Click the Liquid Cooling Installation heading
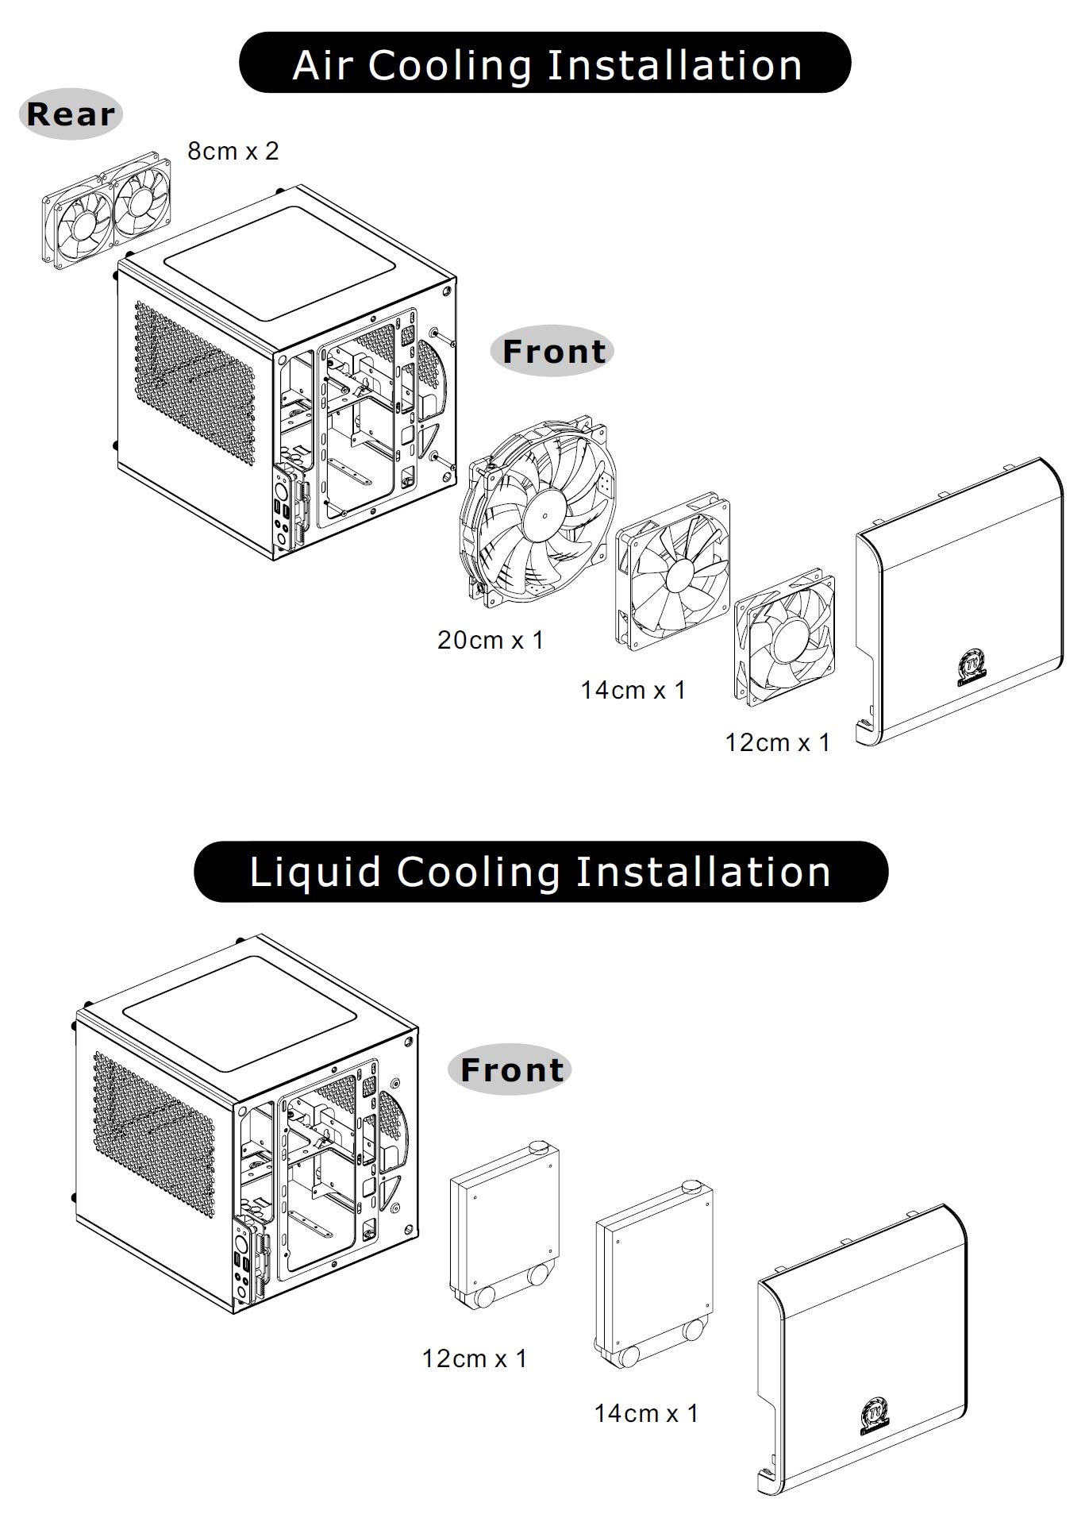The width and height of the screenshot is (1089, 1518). (x=541, y=871)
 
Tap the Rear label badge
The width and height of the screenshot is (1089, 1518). (x=71, y=114)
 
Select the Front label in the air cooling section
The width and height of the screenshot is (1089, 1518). (x=553, y=351)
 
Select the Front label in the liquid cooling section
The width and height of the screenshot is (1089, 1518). (x=511, y=1069)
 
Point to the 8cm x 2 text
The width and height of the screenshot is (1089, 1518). (x=233, y=151)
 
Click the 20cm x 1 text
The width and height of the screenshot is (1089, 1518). (x=491, y=639)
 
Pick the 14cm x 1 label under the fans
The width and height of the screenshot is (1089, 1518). (x=633, y=689)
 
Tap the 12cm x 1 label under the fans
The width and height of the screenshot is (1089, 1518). (x=777, y=742)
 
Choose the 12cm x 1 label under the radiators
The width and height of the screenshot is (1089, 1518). (x=475, y=1358)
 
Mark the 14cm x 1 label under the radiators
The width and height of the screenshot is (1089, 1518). (x=646, y=1412)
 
